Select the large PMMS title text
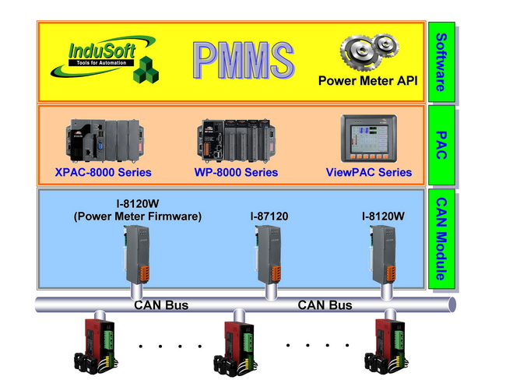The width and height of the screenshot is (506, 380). pos(243,61)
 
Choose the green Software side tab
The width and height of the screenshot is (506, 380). pos(440,62)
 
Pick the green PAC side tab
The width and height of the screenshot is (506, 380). pos(440,143)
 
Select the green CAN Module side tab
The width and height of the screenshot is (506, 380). pos(440,239)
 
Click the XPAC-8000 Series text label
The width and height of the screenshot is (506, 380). pos(104,172)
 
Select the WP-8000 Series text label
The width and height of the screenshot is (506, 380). pos(236,172)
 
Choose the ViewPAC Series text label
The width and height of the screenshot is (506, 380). pos(369,172)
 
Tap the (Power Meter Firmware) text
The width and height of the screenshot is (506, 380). pos(137,216)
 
